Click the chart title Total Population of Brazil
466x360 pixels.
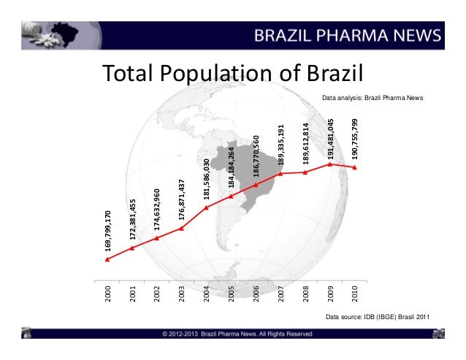(232, 74)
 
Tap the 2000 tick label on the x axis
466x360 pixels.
(107, 294)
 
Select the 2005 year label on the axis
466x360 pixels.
(232, 294)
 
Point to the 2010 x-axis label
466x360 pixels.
(355, 294)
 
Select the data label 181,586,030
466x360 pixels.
(207, 179)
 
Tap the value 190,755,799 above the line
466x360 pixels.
(355, 139)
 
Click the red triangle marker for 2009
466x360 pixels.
(331, 164)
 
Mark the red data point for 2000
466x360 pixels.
(107, 259)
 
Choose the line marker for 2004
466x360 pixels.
(207, 207)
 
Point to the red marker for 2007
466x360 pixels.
(281, 174)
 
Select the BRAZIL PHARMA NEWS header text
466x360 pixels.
(348, 35)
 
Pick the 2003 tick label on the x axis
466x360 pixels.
(182, 294)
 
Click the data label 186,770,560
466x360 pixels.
(256, 156)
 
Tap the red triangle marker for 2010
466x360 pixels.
(355, 167)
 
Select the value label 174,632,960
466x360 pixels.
(157, 210)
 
